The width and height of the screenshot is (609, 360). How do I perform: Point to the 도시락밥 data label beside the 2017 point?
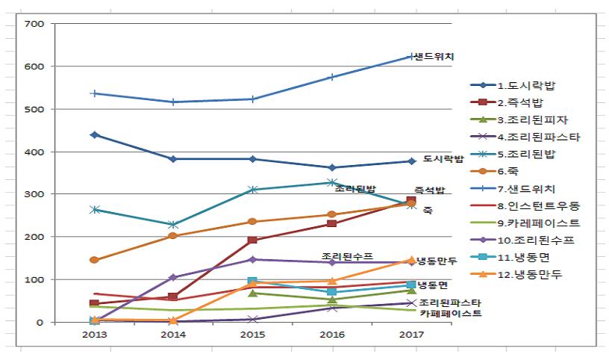click(443, 159)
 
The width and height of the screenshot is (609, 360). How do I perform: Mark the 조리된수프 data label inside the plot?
click(347, 255)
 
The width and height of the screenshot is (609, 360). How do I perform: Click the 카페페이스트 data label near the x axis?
click(450, 314)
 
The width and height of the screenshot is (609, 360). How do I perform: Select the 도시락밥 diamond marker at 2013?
click(94, 135)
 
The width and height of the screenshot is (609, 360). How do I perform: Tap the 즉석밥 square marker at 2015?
click(252, 240)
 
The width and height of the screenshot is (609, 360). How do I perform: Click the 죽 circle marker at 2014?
click(173, 236)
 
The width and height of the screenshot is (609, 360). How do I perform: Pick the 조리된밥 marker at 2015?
click(252, 190)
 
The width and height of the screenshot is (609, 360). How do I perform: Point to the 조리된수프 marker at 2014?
click(173, 277)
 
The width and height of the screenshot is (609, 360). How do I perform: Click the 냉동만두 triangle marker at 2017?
click(411, 260)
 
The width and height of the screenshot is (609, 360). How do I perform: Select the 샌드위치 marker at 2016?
click(332, 77)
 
